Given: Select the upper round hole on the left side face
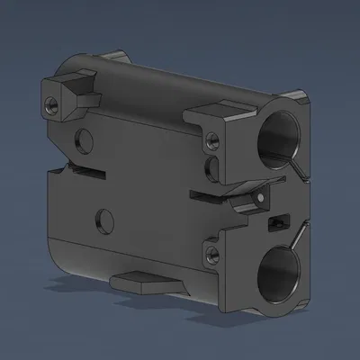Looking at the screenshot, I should [85, 139].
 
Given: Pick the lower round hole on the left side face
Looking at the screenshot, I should [105, 219].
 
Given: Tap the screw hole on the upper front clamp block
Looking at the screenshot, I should [212, 140].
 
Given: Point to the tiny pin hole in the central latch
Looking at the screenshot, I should [259, 198].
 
